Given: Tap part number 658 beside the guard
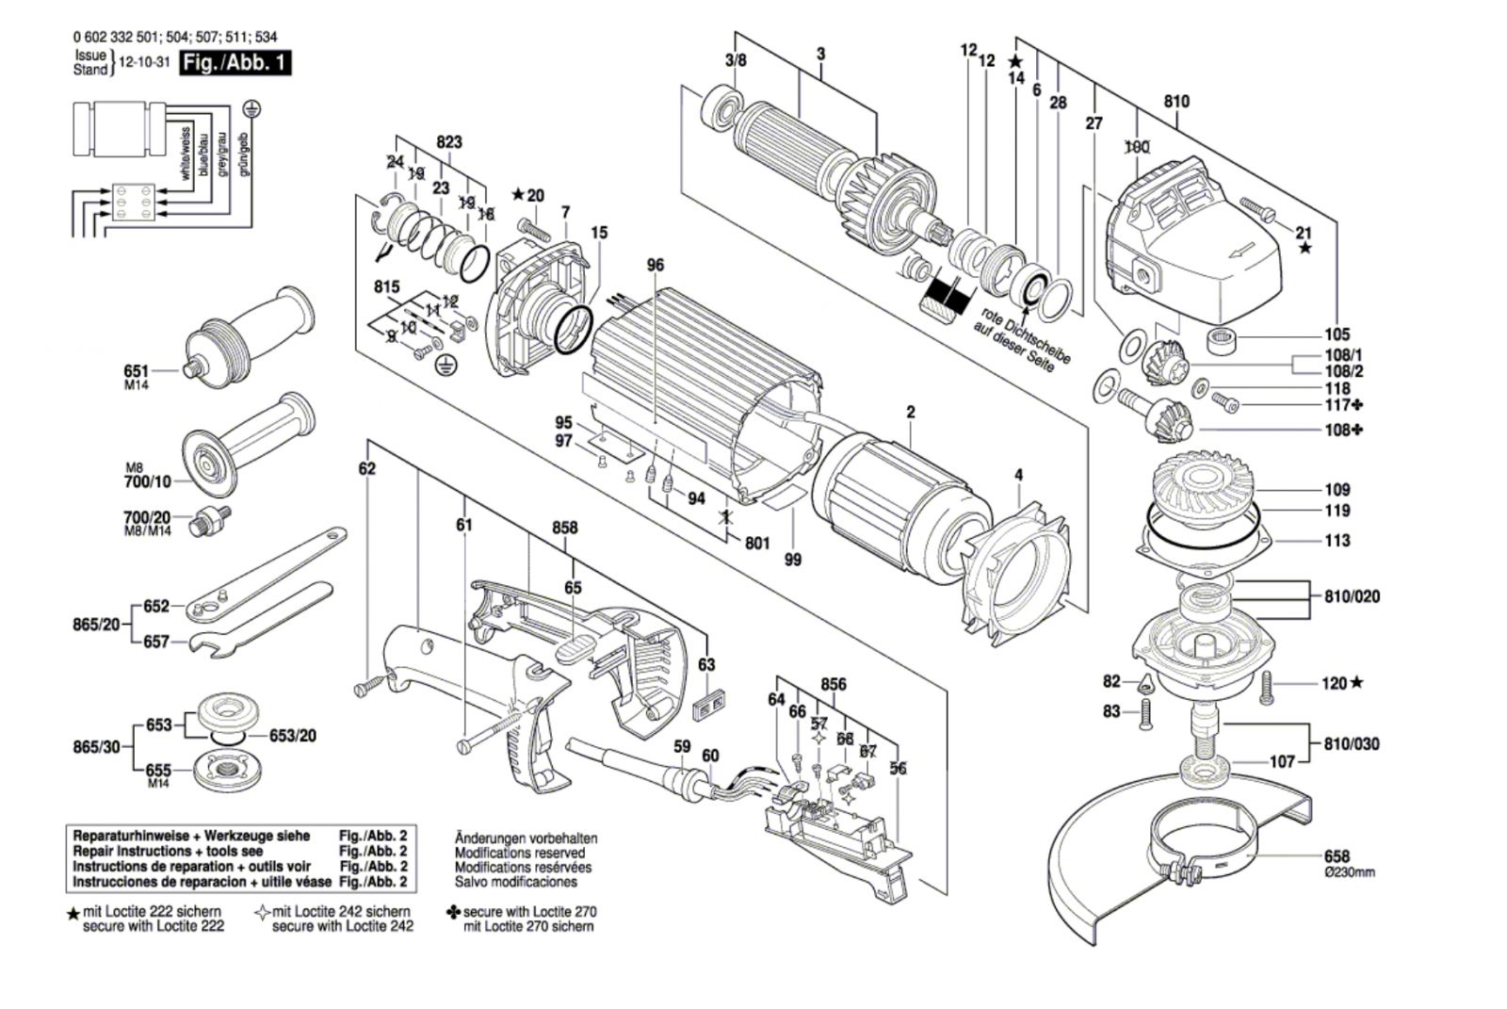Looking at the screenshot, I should coord(1337,856).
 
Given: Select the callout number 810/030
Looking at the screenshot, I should coord(1351,743).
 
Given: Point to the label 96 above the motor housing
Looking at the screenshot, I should coord(656,266).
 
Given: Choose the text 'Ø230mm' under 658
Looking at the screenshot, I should coord(1348,872).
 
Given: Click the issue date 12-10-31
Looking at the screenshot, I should coord(141,63).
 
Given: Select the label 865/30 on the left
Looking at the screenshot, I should coord(97,746).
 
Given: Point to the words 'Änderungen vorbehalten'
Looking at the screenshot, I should coord(526,838).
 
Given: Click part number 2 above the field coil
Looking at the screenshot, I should coord(911,412).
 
